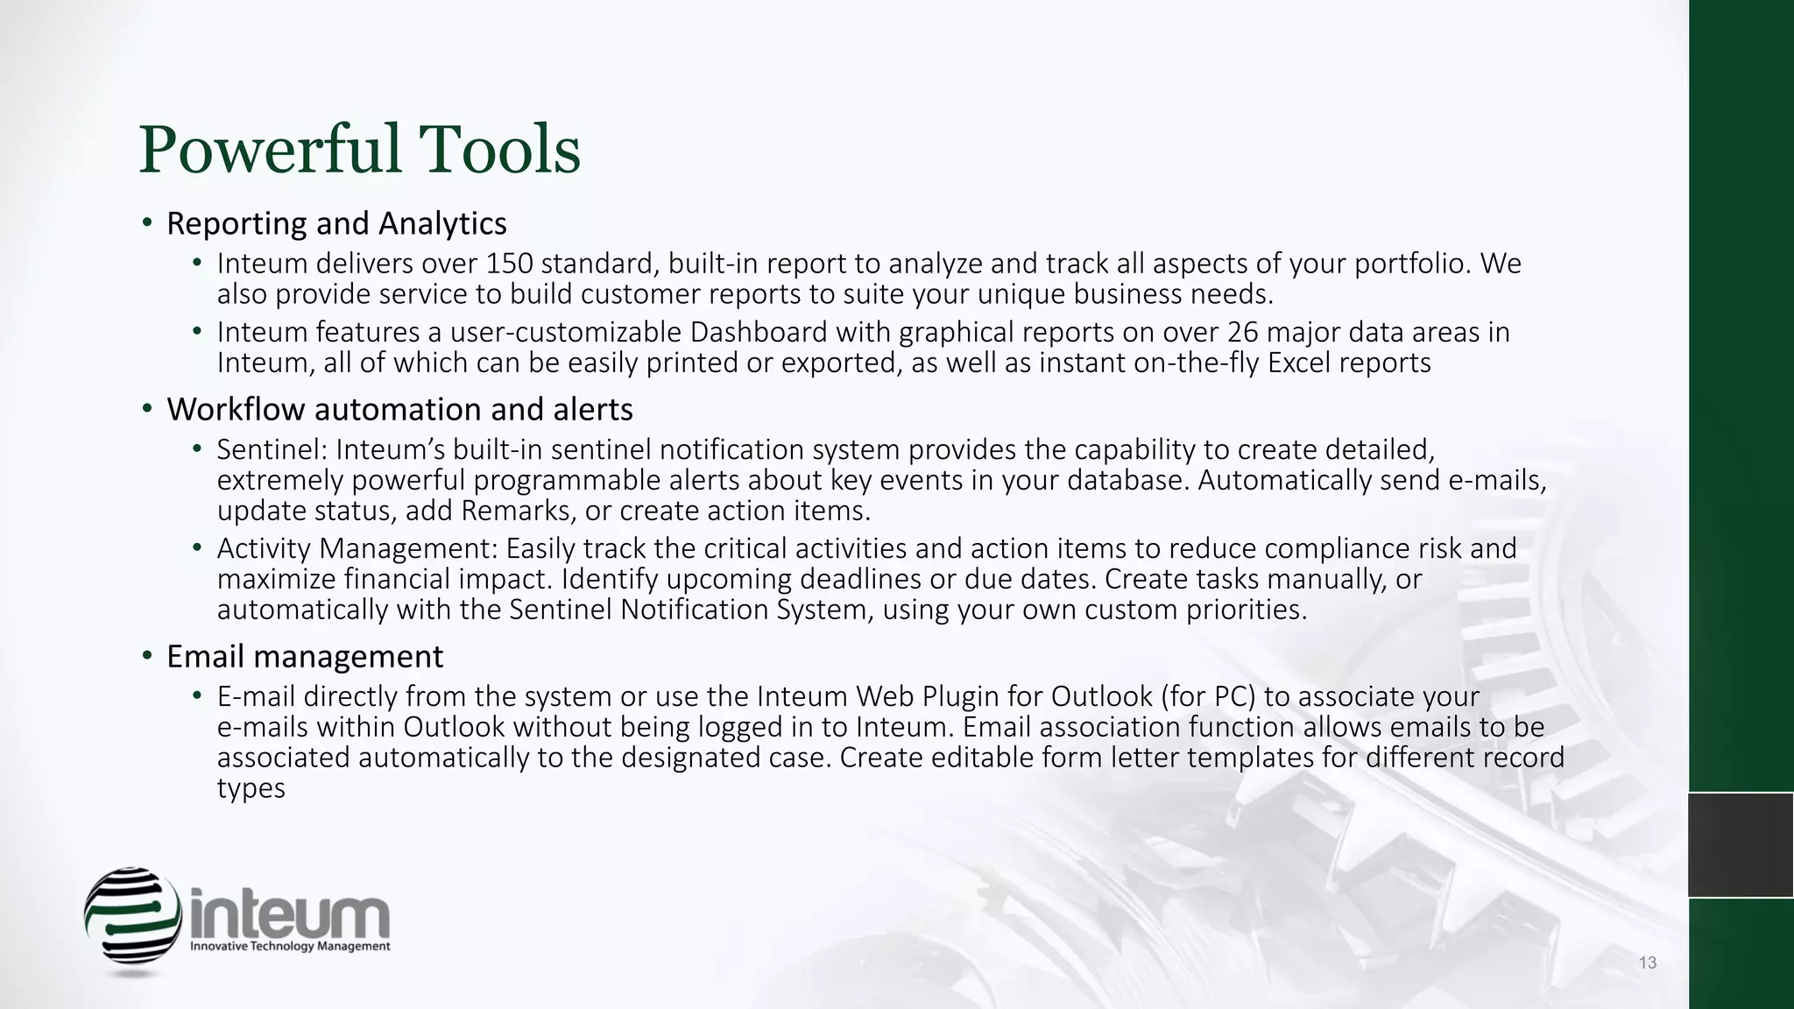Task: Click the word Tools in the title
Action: (499, 149)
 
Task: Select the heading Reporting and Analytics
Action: (336, 224)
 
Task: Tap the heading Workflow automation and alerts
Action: (399, 409)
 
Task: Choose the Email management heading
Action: (305, 656)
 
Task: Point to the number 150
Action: (509, 263)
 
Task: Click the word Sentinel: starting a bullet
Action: (272, 449)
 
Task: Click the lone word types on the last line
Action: (251, 788)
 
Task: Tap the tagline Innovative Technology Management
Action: (291, 947)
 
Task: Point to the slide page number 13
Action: (1647, 963)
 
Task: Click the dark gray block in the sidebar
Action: (1741, 844)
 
